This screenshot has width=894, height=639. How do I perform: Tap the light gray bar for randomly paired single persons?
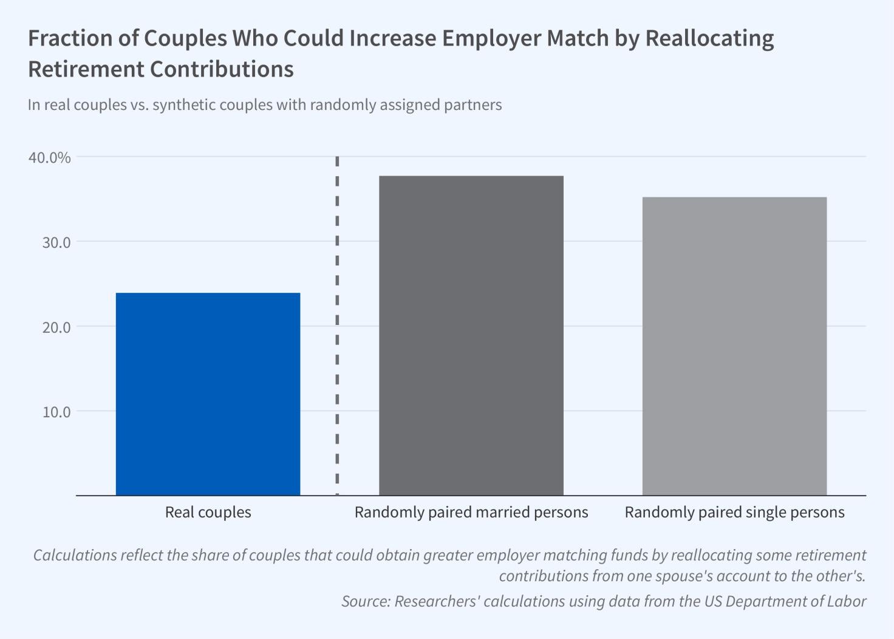coord(734,346)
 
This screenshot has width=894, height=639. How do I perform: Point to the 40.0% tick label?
coord(50,157)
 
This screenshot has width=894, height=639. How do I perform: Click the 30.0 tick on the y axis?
coord(56,242)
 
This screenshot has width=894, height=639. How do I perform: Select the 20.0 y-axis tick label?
coord(56,327)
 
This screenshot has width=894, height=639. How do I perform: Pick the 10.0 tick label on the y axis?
coord(56,412)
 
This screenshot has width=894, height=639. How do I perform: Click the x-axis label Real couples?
coord(208,512)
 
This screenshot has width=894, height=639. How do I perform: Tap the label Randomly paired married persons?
coord(471,512)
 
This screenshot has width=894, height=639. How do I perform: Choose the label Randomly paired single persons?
coord(734,512)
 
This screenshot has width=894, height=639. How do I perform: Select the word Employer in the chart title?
coord(491,38)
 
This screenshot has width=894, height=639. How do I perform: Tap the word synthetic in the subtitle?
coord(184,105)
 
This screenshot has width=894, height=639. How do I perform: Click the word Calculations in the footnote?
coord(75,555)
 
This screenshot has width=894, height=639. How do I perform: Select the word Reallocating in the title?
coord(709,38)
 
